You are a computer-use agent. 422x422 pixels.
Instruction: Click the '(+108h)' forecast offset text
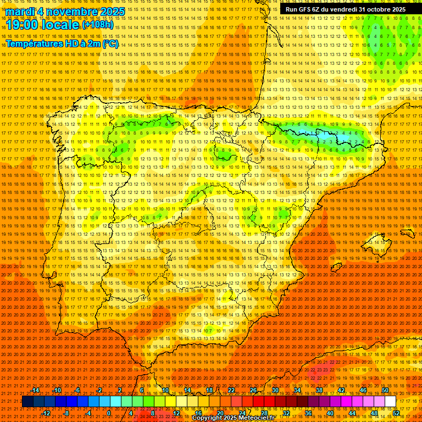[x=97, y=25]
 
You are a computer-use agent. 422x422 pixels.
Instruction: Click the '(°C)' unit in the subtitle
[x=110, y=43]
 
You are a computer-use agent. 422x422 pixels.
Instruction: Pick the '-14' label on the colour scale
[x=35, y=390]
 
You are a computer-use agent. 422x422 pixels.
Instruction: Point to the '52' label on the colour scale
[x=396, y=413]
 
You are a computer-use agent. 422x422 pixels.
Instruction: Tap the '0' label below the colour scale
[x=109, y=413]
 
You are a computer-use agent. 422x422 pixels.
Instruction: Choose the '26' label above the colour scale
[x=253, y=390]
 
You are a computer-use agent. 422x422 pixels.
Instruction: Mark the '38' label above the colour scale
[x=319, y=390]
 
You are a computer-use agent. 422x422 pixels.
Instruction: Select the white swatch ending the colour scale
[x=390, y=402]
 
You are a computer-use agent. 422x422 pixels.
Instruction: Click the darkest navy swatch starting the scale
[x=27, y=402]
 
